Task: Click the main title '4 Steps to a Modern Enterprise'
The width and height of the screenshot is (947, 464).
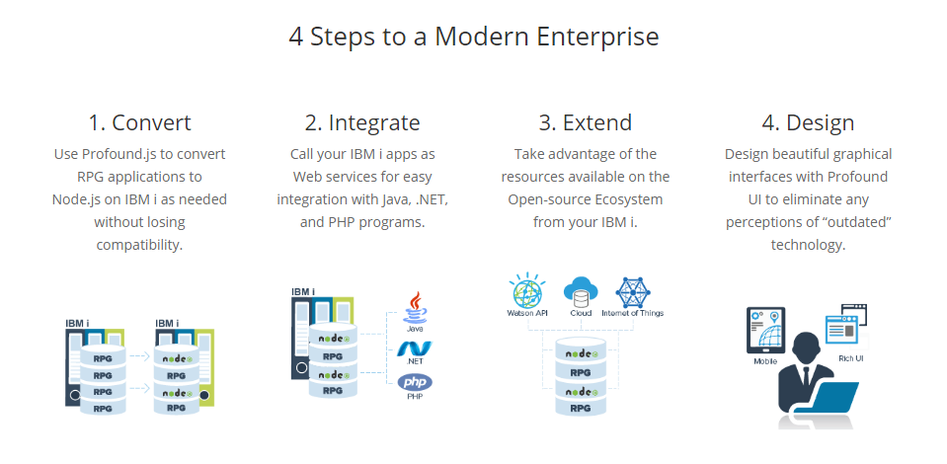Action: (474, 37)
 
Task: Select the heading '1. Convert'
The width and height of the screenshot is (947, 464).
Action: (139, 122)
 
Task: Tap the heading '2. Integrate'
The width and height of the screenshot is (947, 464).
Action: (362, 122)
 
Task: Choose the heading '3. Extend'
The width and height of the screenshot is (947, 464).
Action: (586, 122)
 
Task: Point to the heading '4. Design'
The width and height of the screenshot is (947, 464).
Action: (808, 122)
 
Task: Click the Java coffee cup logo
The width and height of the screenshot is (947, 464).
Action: (415, 308)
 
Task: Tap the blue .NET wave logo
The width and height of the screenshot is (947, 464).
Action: (415, 349)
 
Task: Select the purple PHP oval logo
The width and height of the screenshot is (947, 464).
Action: (415, 382)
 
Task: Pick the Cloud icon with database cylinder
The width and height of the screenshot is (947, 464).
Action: (581, 292)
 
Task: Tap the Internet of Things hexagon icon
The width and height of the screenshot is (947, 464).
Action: (632, 292)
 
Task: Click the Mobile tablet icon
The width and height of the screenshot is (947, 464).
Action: (766, 330)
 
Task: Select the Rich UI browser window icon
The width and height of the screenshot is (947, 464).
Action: (846, 326)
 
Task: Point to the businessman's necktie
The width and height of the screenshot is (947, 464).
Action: (804, 378)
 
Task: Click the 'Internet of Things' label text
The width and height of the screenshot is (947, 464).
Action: (632, 313)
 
